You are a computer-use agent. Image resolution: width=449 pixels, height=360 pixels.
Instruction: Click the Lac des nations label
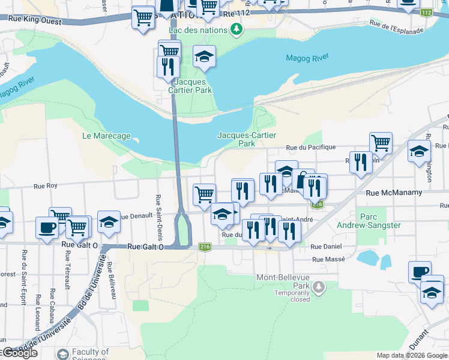pos(199,29)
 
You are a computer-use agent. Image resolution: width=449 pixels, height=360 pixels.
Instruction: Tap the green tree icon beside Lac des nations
pos(237,29)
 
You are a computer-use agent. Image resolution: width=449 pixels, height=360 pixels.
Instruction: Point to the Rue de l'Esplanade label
pos(397,27)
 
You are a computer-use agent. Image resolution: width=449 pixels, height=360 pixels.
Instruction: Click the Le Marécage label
pos(106,136)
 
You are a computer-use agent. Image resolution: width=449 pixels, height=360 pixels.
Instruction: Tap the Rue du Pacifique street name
pos(310,147)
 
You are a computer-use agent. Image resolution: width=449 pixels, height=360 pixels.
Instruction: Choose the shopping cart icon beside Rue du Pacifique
pos(381,143)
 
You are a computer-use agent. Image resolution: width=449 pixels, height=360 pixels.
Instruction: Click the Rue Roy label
pos(45,186)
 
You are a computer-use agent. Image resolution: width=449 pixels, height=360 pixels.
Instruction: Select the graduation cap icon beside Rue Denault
pos(108,221)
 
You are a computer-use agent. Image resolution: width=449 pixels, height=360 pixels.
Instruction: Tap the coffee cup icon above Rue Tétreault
pos(47,227)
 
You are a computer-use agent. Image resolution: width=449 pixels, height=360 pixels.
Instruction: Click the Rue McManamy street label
pos(394,193)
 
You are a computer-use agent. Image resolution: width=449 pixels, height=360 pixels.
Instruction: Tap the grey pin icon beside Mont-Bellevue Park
pos(318,288)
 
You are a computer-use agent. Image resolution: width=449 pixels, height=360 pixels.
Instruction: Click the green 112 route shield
pos(427,13)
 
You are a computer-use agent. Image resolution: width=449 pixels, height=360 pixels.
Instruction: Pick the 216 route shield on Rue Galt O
pos(205,247)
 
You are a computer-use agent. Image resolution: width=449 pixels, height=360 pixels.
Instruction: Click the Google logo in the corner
pos(20,353)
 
